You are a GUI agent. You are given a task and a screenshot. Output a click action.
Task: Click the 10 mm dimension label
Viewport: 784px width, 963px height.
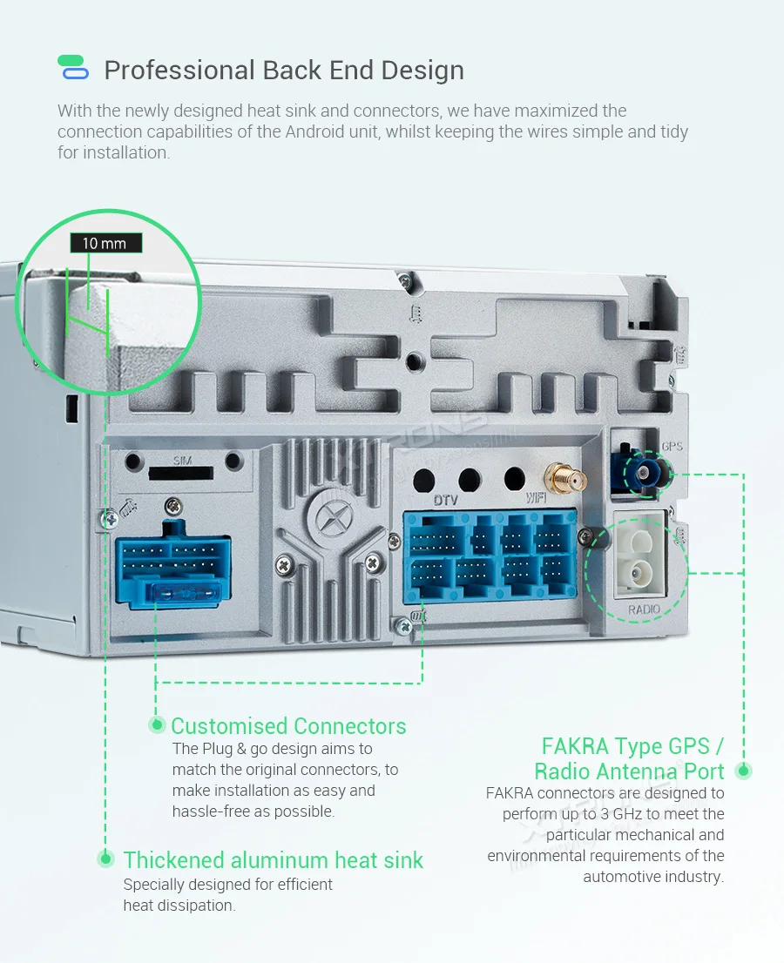[x=105, y=244]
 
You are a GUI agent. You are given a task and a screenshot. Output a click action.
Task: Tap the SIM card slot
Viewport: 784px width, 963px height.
[x=180, y=473]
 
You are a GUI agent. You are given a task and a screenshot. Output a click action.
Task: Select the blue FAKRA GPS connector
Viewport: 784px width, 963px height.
[x=642, y=474]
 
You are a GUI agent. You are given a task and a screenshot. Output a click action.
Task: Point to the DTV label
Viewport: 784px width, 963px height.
[x=445, y=501]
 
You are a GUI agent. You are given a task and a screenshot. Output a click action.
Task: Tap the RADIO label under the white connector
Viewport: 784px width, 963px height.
[x=644, y=609]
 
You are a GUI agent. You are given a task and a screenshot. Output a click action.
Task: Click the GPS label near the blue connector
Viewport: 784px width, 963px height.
[x=672, y=447]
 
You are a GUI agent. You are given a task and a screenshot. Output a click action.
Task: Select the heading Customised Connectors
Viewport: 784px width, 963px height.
[x=288, y=726]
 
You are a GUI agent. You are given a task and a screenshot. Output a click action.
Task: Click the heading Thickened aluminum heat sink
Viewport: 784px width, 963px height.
[x=273, y=860]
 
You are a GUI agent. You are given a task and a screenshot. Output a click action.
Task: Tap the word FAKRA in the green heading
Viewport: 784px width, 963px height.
[x=574, y=747]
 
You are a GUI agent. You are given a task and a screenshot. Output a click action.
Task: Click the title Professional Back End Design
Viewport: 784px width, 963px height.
[x=284, y=71]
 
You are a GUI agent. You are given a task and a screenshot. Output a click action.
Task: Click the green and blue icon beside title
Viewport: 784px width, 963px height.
[x=72, y=68]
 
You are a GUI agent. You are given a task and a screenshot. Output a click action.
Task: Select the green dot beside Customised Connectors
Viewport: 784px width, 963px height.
[x=158, y=724]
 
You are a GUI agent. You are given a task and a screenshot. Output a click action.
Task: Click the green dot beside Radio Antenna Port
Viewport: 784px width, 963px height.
[x=743, y=771]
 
